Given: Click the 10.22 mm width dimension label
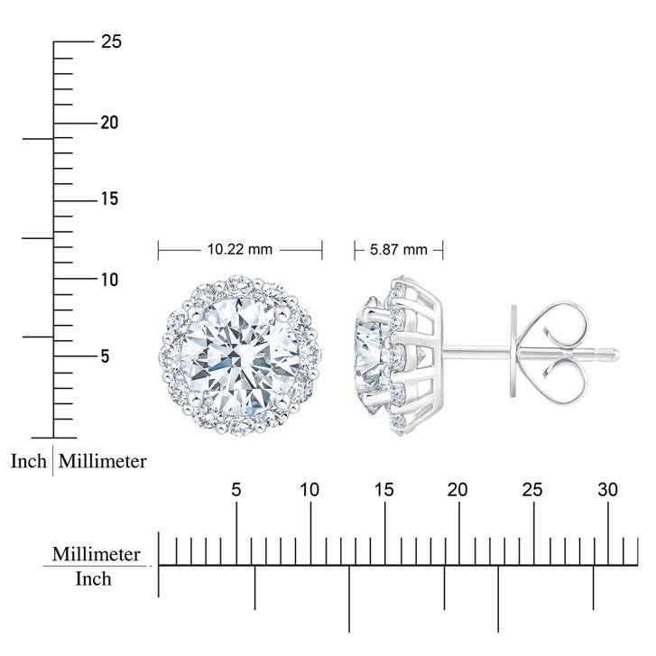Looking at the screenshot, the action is pyautogui.click(x=240, y=250).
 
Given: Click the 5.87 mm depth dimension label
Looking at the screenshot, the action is pyautogui.click(x=398, y=250).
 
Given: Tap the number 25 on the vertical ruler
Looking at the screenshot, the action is pyautogui.click(x=111, y=42).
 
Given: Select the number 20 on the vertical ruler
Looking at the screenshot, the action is pyautogui.click(x=109, y=123).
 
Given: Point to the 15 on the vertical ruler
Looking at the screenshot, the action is pyautogui.click(x=109, y=199).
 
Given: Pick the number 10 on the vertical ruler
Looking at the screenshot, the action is pyautogui.click(x=109, y=280).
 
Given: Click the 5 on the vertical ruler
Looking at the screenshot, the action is pyautogui.click(x=105, y=356).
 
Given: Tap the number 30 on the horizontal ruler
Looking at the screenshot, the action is pyautogui.click(x=607, y=489).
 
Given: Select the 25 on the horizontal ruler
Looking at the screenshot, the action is pyautogui.click(x=532, y=489).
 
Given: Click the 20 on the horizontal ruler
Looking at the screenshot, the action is pyautogui.click(x=457, y=489).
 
